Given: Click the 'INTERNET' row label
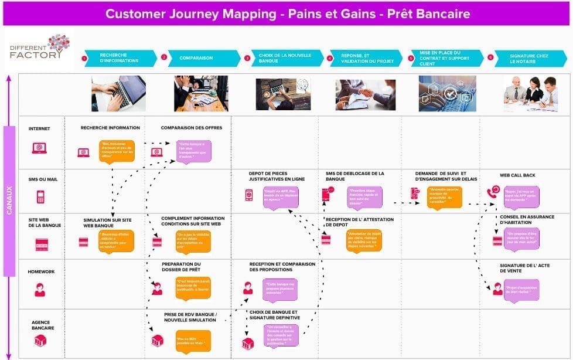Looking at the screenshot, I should pyautogui.click(x=39, y=128).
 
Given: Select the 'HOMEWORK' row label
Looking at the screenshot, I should pyautogui.click(x=40, y=271).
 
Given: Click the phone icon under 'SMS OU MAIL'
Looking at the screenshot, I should pyautogui.click(x=40, y=196).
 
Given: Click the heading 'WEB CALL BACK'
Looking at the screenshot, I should pyautogui.click(x=517, y=175).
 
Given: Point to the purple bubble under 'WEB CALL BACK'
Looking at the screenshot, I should pyautogui.click(x=521, y=195).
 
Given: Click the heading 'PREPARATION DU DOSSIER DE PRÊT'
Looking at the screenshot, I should pyautogui.click(x=181, y=267).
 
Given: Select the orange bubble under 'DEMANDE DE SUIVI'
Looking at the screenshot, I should pyautogui.click(x=444, y=196).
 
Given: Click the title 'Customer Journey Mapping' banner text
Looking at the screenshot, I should pyautogui.click(x=287, y=13).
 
